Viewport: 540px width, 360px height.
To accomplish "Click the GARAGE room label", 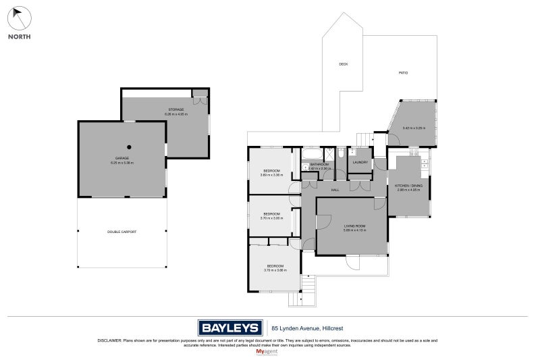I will click(122, 158).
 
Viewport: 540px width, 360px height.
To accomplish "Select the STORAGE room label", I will click(176, 109).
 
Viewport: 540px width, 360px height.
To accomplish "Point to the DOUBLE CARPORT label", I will click(122, 232).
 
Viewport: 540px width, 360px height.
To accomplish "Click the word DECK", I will click(343, 64).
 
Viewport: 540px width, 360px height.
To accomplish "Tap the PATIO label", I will click(403, 73).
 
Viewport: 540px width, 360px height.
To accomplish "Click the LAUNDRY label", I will click(360, 162).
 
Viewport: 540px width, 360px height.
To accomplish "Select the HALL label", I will click(335, 190).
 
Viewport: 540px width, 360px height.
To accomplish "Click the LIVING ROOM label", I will click(354, 226).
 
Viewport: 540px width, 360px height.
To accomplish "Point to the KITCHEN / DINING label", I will click(408, 185).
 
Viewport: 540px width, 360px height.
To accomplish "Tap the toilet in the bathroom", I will click(341, 153).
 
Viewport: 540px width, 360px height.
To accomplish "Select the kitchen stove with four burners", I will click(425, 163).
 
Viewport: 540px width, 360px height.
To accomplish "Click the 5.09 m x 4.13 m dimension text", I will click(354, 230).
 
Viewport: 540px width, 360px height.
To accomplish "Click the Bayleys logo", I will click(230, 328).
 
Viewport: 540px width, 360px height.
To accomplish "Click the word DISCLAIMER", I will click(110, 340).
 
